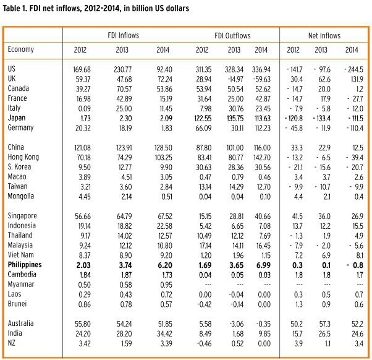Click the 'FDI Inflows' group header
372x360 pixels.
pyautogui.click(x=124, y=35)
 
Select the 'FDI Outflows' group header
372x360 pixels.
pyautogui.click(x=232, y=36)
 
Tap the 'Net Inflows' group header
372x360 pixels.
pyautogui.click(x=324, y=36)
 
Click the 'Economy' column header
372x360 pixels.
pyautogui.click(x=21, y=49)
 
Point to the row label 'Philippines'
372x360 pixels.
pyautogui.click(x=25, y=265)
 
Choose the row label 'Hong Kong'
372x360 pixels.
pyautogui.click(x=23, y=157)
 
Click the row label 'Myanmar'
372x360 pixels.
pyautogui.click(x=21, y=285)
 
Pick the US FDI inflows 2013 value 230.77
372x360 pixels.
pyautogui.click(x=122, y=69)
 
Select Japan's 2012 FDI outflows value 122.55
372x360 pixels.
pyautogui.click(x=203, y=118)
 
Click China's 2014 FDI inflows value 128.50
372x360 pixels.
pyautogui.click(x=164, y=148)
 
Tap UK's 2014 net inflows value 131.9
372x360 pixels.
pyautogui.click(x=357, y=79)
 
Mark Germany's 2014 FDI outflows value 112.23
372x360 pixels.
pyautogui.click(x=262, y=128)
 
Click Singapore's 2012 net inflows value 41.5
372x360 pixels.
pyautogui.click(x=297, y=216)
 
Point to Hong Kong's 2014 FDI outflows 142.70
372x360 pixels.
pyautogui.click(x=261, y=158)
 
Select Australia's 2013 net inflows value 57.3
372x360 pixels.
pyautogui.click(x=324, y=324)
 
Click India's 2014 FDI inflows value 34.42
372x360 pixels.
pyautogui.click(x=164, y=334)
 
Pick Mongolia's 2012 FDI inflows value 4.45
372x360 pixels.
pyautogui.click(x=85, y=197)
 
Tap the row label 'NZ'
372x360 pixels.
pyautogui.click(x=11, y=343)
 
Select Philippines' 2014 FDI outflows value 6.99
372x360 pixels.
pyautogui.click(x=263, y=265)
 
